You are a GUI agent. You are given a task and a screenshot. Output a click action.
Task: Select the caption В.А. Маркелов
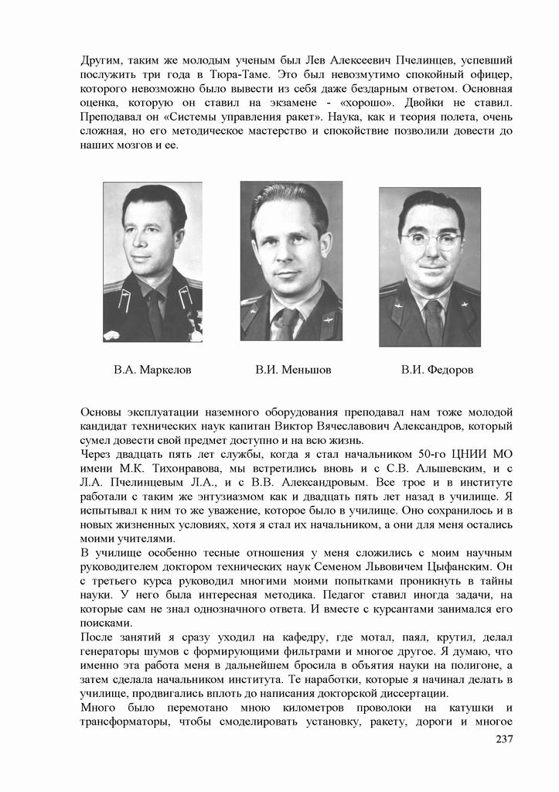[x=152, y=370]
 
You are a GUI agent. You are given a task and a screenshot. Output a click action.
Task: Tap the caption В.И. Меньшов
[x=293, y=370]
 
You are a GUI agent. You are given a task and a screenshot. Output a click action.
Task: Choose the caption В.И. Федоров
[x=437, y=370]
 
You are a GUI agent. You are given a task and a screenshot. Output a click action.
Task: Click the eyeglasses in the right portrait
[x=431, y=240]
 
